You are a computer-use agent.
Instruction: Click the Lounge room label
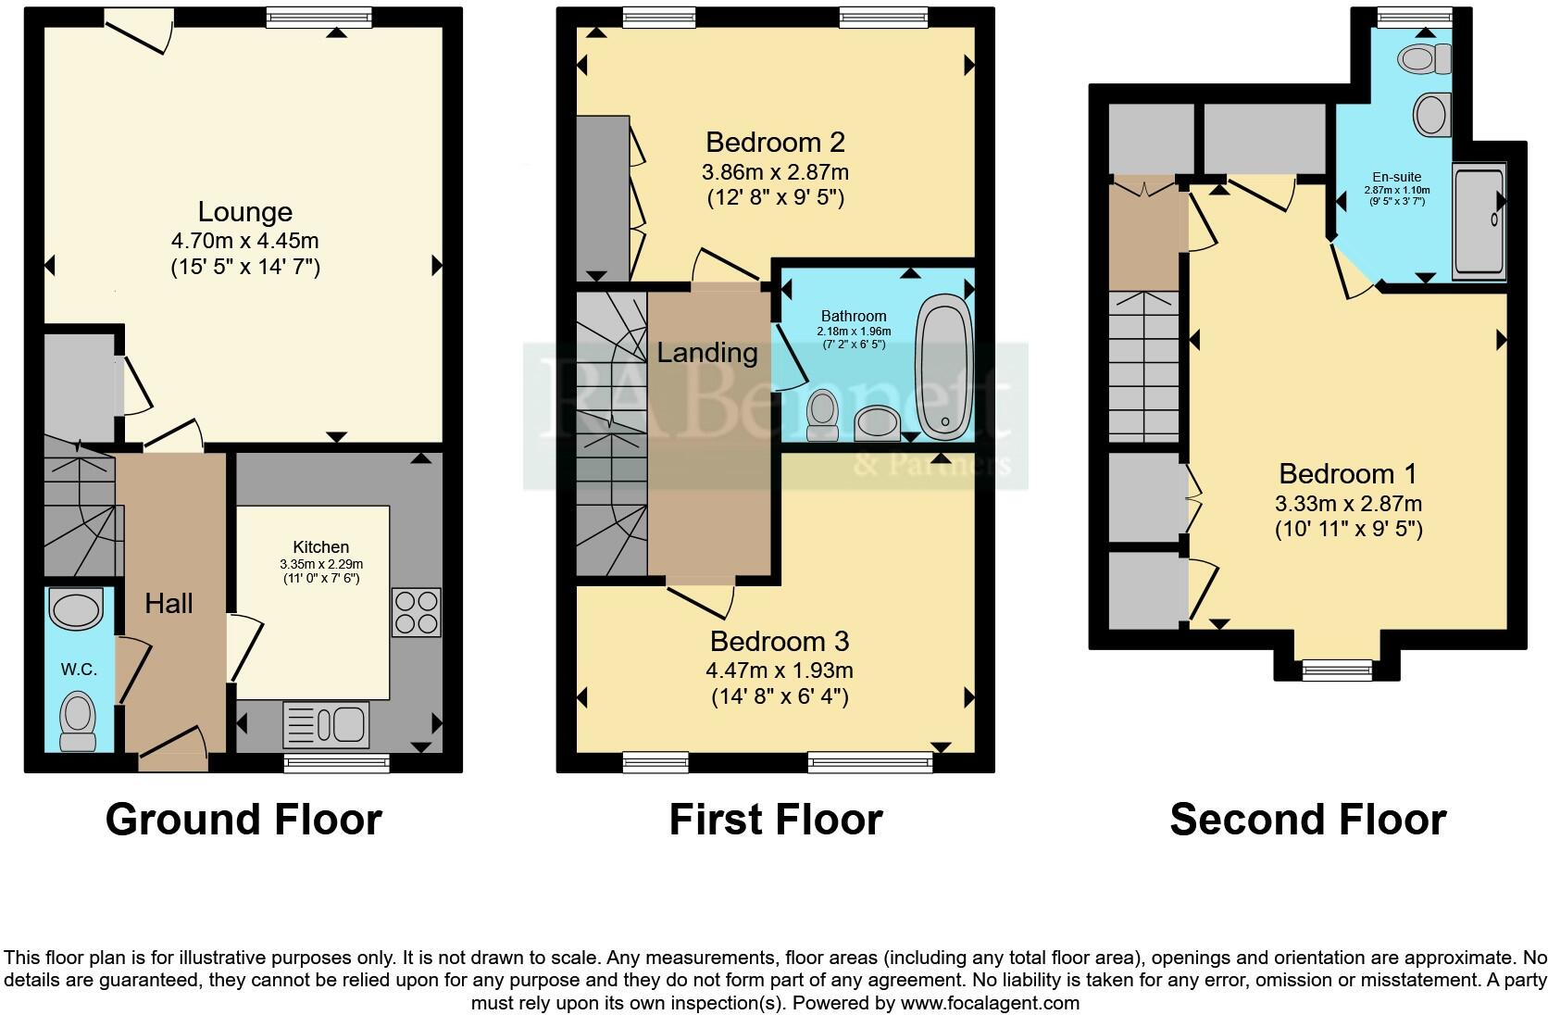pos(245,212)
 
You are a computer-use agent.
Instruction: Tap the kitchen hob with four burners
pos(416,612)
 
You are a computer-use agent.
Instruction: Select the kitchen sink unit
pos(326,724)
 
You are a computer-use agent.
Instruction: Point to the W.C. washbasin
pos(77,611)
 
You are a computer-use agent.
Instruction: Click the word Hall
pos(169,604)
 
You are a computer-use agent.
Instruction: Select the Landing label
pos(707,352)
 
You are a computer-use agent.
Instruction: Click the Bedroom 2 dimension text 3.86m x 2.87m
pos(775,172)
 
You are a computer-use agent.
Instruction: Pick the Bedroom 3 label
pos(779,641)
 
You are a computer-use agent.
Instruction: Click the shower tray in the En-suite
pos(1479,220)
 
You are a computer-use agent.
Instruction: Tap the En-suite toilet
pos(1424,58)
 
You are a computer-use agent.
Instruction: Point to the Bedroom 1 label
pos(1347,473)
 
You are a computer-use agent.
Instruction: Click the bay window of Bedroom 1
pos(1336,669)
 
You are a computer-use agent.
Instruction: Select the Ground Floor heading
pos(243,820)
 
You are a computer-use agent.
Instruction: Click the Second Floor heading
pos(1307,820)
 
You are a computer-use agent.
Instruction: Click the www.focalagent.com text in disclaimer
pos(990,1002)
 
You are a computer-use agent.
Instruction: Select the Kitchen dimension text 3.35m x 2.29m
pos(321,564)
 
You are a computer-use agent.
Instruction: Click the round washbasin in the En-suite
pos(1431,116)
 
